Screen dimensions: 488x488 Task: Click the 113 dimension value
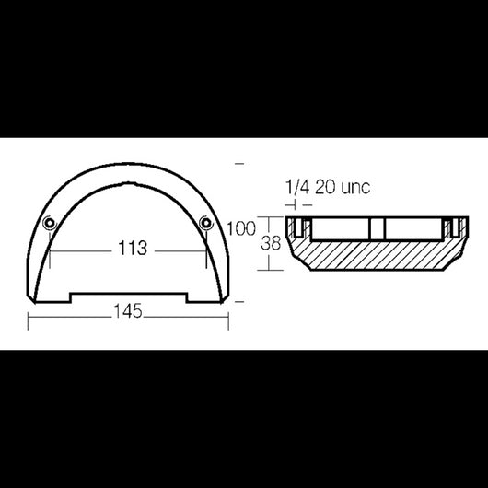[133, 248]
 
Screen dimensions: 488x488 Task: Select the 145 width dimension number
[128, 311]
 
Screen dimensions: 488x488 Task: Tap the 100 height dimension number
[241, 228]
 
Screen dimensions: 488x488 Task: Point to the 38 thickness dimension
[271, 243]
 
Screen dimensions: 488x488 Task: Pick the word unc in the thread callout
[355, 188]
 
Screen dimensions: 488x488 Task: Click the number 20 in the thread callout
[325, 187]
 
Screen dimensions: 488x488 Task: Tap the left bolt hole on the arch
[49, 223]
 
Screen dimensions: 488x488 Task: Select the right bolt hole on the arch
[206, 223]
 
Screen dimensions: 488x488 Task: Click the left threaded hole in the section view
[298, 227]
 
